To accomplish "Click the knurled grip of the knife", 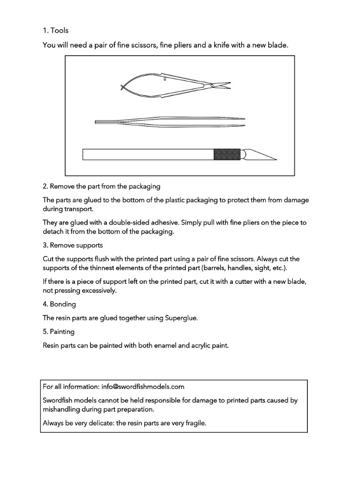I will pyautogui.click(x=228, y=155).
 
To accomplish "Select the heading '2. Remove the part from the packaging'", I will pyautogui.click(x=101, y=187).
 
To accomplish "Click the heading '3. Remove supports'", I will pyautogui.click(x=73, y=245).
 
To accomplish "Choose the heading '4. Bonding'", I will pyautogui.click(x=59, y=304).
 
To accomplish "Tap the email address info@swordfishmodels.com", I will pyautogui.click(x=143, y=386).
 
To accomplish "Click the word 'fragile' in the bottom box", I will pyautogui.click(x=193, y=422).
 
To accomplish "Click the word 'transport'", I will pyautogui.click(x=77, y=210).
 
